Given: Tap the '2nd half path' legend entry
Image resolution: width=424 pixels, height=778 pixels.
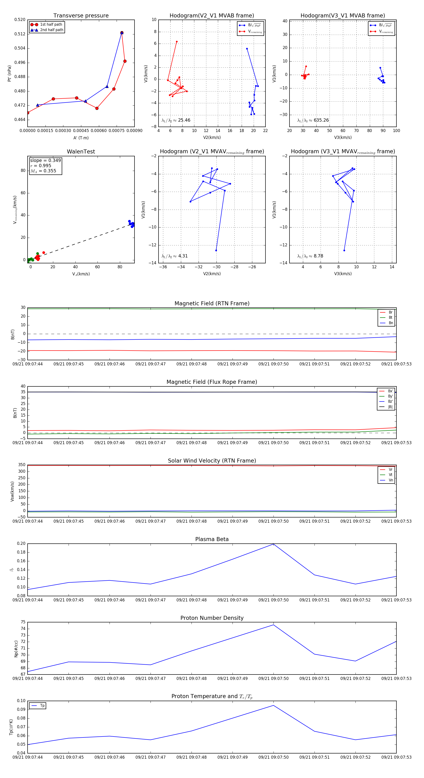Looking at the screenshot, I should click(52, 30).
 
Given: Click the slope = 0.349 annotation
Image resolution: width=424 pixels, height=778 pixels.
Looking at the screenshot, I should click(45, 160).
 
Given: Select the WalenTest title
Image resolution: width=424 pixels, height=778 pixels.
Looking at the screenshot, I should click(81, 152).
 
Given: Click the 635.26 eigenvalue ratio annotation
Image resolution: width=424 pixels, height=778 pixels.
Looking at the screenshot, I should click(321, 120).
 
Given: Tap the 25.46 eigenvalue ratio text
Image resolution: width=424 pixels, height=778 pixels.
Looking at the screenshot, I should click(184, 120).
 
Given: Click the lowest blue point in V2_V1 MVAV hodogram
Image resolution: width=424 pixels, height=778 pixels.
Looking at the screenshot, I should click(216, 250).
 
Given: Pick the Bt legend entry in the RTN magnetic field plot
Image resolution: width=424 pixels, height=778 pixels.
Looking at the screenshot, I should click(390, 317).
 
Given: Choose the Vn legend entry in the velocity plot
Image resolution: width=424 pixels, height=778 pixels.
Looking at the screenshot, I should click(391, 480).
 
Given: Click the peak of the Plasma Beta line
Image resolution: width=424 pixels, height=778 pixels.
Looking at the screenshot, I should click(273, 544).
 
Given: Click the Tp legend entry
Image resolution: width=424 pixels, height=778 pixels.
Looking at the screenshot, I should click(42, 706).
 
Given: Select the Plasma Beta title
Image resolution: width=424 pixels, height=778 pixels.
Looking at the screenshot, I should click(212, 539).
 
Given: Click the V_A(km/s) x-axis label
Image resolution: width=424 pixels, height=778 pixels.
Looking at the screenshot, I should click(81, 274).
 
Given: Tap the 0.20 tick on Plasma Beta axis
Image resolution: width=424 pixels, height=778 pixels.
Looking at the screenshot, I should click(21, 544).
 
